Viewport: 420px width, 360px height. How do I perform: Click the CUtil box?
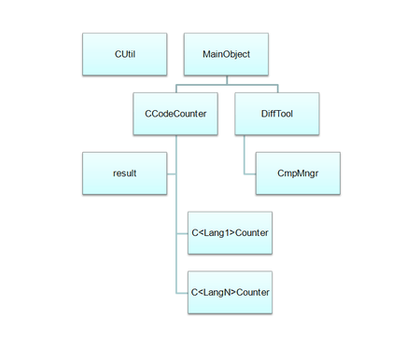pyautogui.click(x=123, y=55)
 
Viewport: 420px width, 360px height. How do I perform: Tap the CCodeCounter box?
pyautogui.click(x=175, y=114)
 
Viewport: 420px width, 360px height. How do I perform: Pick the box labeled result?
pyautogui.click(x=123, y=173)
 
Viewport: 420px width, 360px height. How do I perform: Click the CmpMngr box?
pyautogui.click(x=298, y=173)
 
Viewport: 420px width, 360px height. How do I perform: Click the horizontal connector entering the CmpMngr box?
pyautogui.click(x=250, y=173)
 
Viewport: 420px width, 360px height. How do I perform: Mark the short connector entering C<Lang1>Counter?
pyautogui.click(x=182, y=232)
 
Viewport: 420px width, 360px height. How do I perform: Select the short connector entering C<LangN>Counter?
pyautogui.click(x=182, y=292)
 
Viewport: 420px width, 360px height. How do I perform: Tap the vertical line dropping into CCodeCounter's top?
pyautogui.click(x=175, y=89)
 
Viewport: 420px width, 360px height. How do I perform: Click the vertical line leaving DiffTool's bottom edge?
pyautogui.click(x=245, y=149)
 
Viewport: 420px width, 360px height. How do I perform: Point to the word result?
pyautogui.click(x=123, y=173)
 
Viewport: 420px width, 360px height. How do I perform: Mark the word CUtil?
pyautogui.click(x=123, y=55)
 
